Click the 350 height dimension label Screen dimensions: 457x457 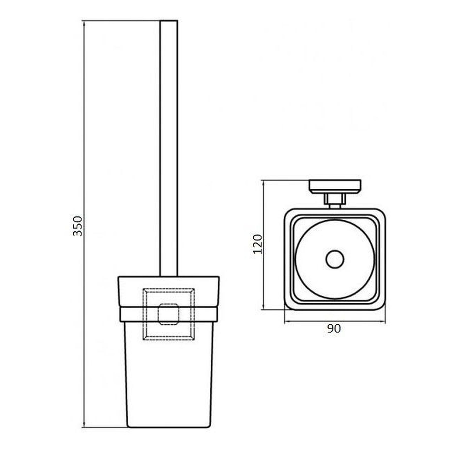click(78, 226)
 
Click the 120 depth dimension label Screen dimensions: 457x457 click(257, 244)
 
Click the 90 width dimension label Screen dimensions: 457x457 click(334, 329)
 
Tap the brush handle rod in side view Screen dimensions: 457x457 click(169, 147)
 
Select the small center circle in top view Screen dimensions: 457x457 click(335, 259)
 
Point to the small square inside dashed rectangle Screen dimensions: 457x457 click(169, 314)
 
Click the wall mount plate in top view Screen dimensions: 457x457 click(335, 186)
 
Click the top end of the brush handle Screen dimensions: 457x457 click(169, 21)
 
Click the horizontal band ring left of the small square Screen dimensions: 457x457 click(132, 315)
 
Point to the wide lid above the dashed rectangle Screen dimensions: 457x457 click(169, 282)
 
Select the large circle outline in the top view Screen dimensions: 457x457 click(296, 259)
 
